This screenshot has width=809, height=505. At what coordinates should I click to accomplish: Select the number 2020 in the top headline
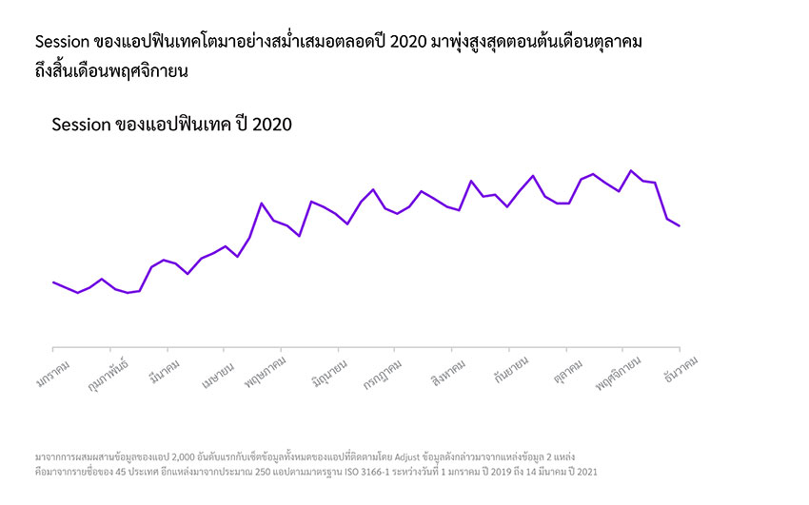point(404,43)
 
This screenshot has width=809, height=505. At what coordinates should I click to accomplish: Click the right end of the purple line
point(680,226)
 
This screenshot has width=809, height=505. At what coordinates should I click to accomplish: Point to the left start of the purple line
point(53,282)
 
